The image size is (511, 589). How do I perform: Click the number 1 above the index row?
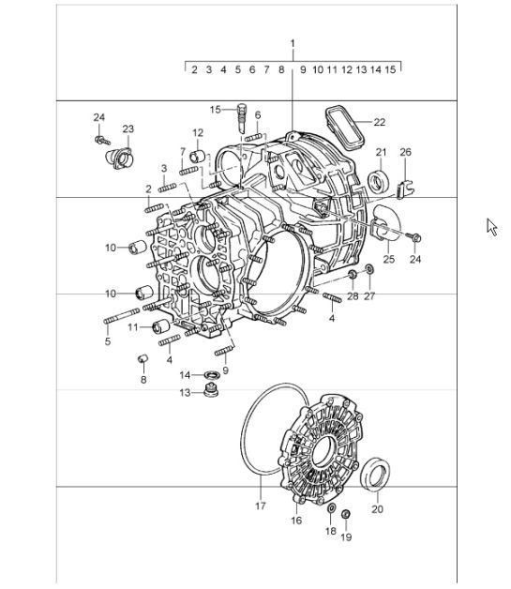293,44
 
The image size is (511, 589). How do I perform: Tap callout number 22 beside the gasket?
379,122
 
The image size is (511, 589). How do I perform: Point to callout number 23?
128,128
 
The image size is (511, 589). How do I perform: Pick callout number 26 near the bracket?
405,152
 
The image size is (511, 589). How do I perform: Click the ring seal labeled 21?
380,180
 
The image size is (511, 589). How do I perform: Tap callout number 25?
388,259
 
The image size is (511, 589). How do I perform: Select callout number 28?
353,296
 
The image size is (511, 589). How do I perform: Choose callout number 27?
368,296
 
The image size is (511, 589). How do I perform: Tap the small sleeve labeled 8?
143,359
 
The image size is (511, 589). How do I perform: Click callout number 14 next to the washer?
185,375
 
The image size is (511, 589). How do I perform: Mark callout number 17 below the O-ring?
261,506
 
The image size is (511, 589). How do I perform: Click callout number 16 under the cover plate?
296,519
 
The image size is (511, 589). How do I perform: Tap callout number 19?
345,537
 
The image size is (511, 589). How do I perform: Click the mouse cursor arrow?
491,227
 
